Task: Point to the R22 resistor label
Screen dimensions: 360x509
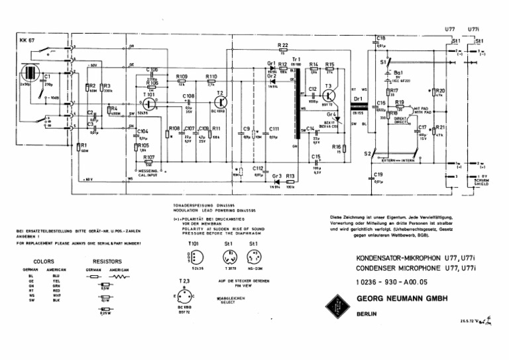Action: (282, 45)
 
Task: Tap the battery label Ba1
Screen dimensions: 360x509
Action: (398, 73)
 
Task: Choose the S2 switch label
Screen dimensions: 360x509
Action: (367, 154)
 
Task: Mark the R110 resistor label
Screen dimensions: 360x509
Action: (211, 77)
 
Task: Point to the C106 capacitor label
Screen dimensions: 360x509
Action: (152, 70)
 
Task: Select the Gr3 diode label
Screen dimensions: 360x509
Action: (276, 177)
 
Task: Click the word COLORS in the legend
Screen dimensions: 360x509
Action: (44, 262)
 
